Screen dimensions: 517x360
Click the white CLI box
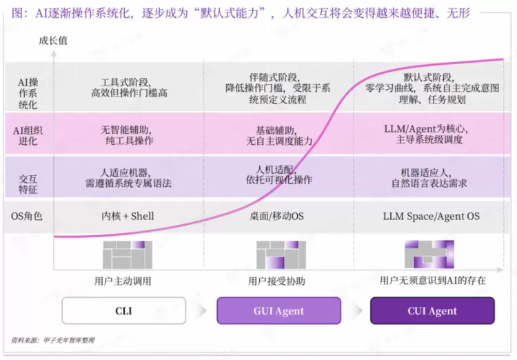pos(123,310)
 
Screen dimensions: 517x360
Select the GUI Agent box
pos(278,310)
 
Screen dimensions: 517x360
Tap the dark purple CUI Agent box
pos(432,310)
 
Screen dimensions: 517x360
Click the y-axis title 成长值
pos(53,41)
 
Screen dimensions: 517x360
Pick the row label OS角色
pos(27,216)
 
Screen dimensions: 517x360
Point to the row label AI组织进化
pos(28,136)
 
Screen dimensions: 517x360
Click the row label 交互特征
pos(28,184)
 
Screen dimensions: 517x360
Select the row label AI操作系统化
pos(28,94)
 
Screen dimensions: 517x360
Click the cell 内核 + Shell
pos(128,216)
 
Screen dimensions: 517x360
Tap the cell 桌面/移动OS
pos(276,216)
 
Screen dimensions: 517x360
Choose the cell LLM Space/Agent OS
pos(432,216)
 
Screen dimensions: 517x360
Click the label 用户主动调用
pos(123,281)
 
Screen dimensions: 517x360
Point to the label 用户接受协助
pos(276,281)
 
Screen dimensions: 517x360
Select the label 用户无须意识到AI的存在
pos(433,281)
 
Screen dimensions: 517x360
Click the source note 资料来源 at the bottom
pos(53,340)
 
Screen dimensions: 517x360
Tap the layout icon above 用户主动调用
pos(128,254)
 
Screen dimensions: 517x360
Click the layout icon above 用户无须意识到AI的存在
pos(429,254)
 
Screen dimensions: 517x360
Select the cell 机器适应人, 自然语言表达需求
pos(429,177)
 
